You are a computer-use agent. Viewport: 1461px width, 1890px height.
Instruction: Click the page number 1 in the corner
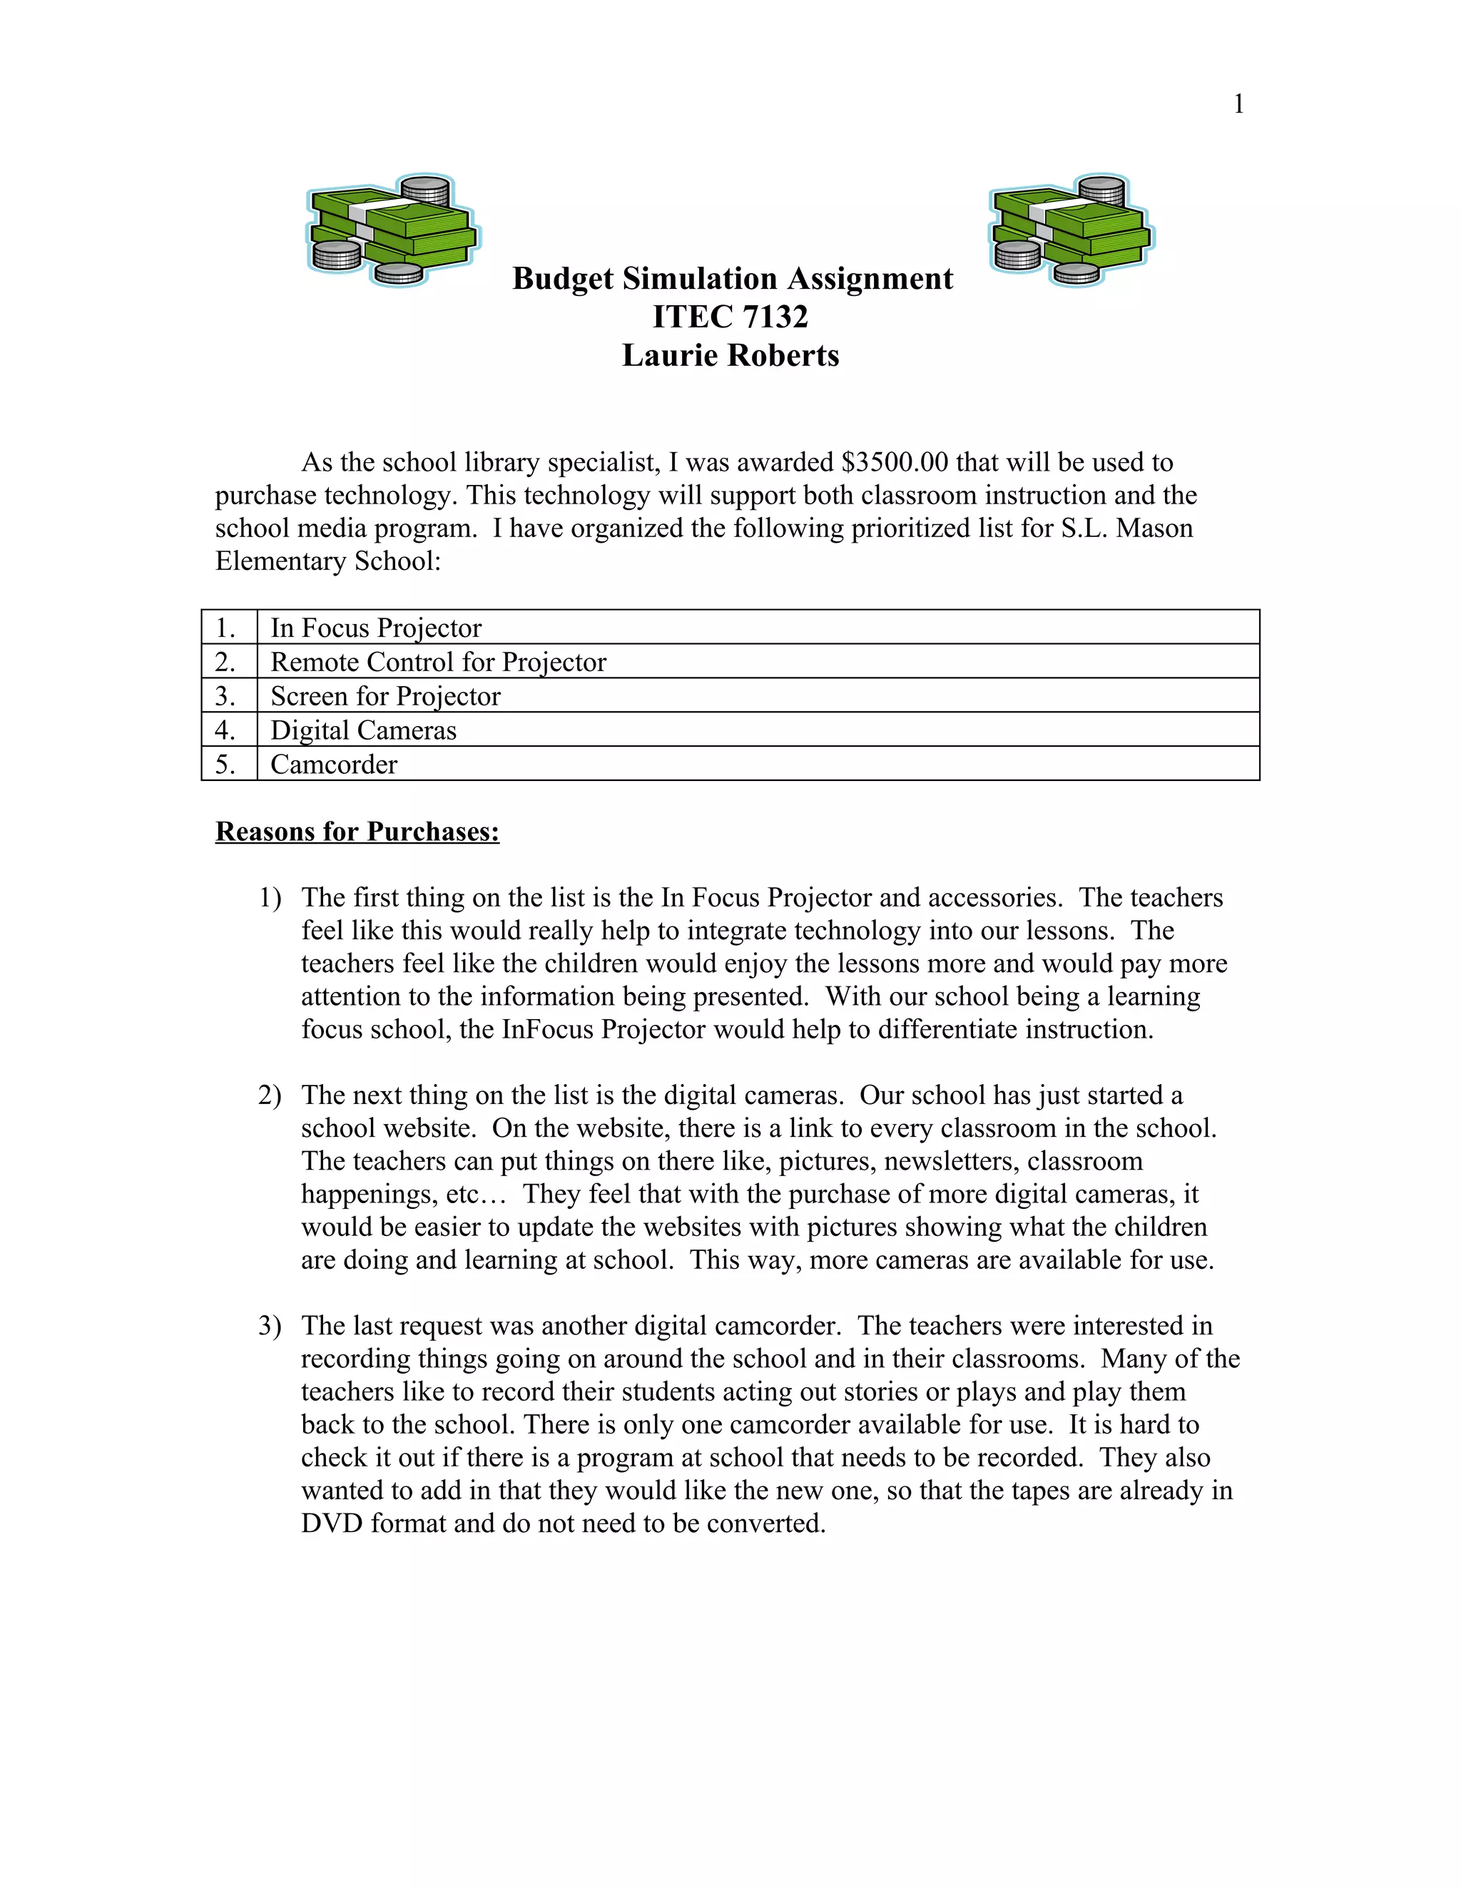(x=1238, y=104)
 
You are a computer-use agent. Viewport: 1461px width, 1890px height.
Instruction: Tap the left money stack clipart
(x=392, y=230)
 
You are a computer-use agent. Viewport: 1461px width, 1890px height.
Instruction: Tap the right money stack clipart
(x=1071, y=230)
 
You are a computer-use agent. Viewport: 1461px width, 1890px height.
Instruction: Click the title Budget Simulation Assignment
(x=732, y=279)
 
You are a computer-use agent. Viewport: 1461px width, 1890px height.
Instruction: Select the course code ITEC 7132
(x=730, y=317)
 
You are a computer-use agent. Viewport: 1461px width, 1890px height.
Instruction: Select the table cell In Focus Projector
(x=376, y=628)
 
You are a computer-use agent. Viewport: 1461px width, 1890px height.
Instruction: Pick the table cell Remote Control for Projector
(x=438, y=662)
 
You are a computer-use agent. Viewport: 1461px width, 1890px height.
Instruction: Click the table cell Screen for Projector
(x=385, y=696)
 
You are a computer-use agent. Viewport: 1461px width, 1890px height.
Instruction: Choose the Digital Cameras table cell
(x=362, y=730)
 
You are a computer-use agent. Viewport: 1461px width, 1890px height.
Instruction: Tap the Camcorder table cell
(x=333, y=764)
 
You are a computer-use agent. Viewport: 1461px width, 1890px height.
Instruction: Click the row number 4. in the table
(x=225, y=730)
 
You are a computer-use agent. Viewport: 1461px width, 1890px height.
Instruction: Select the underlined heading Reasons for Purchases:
(x=357, y=832)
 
